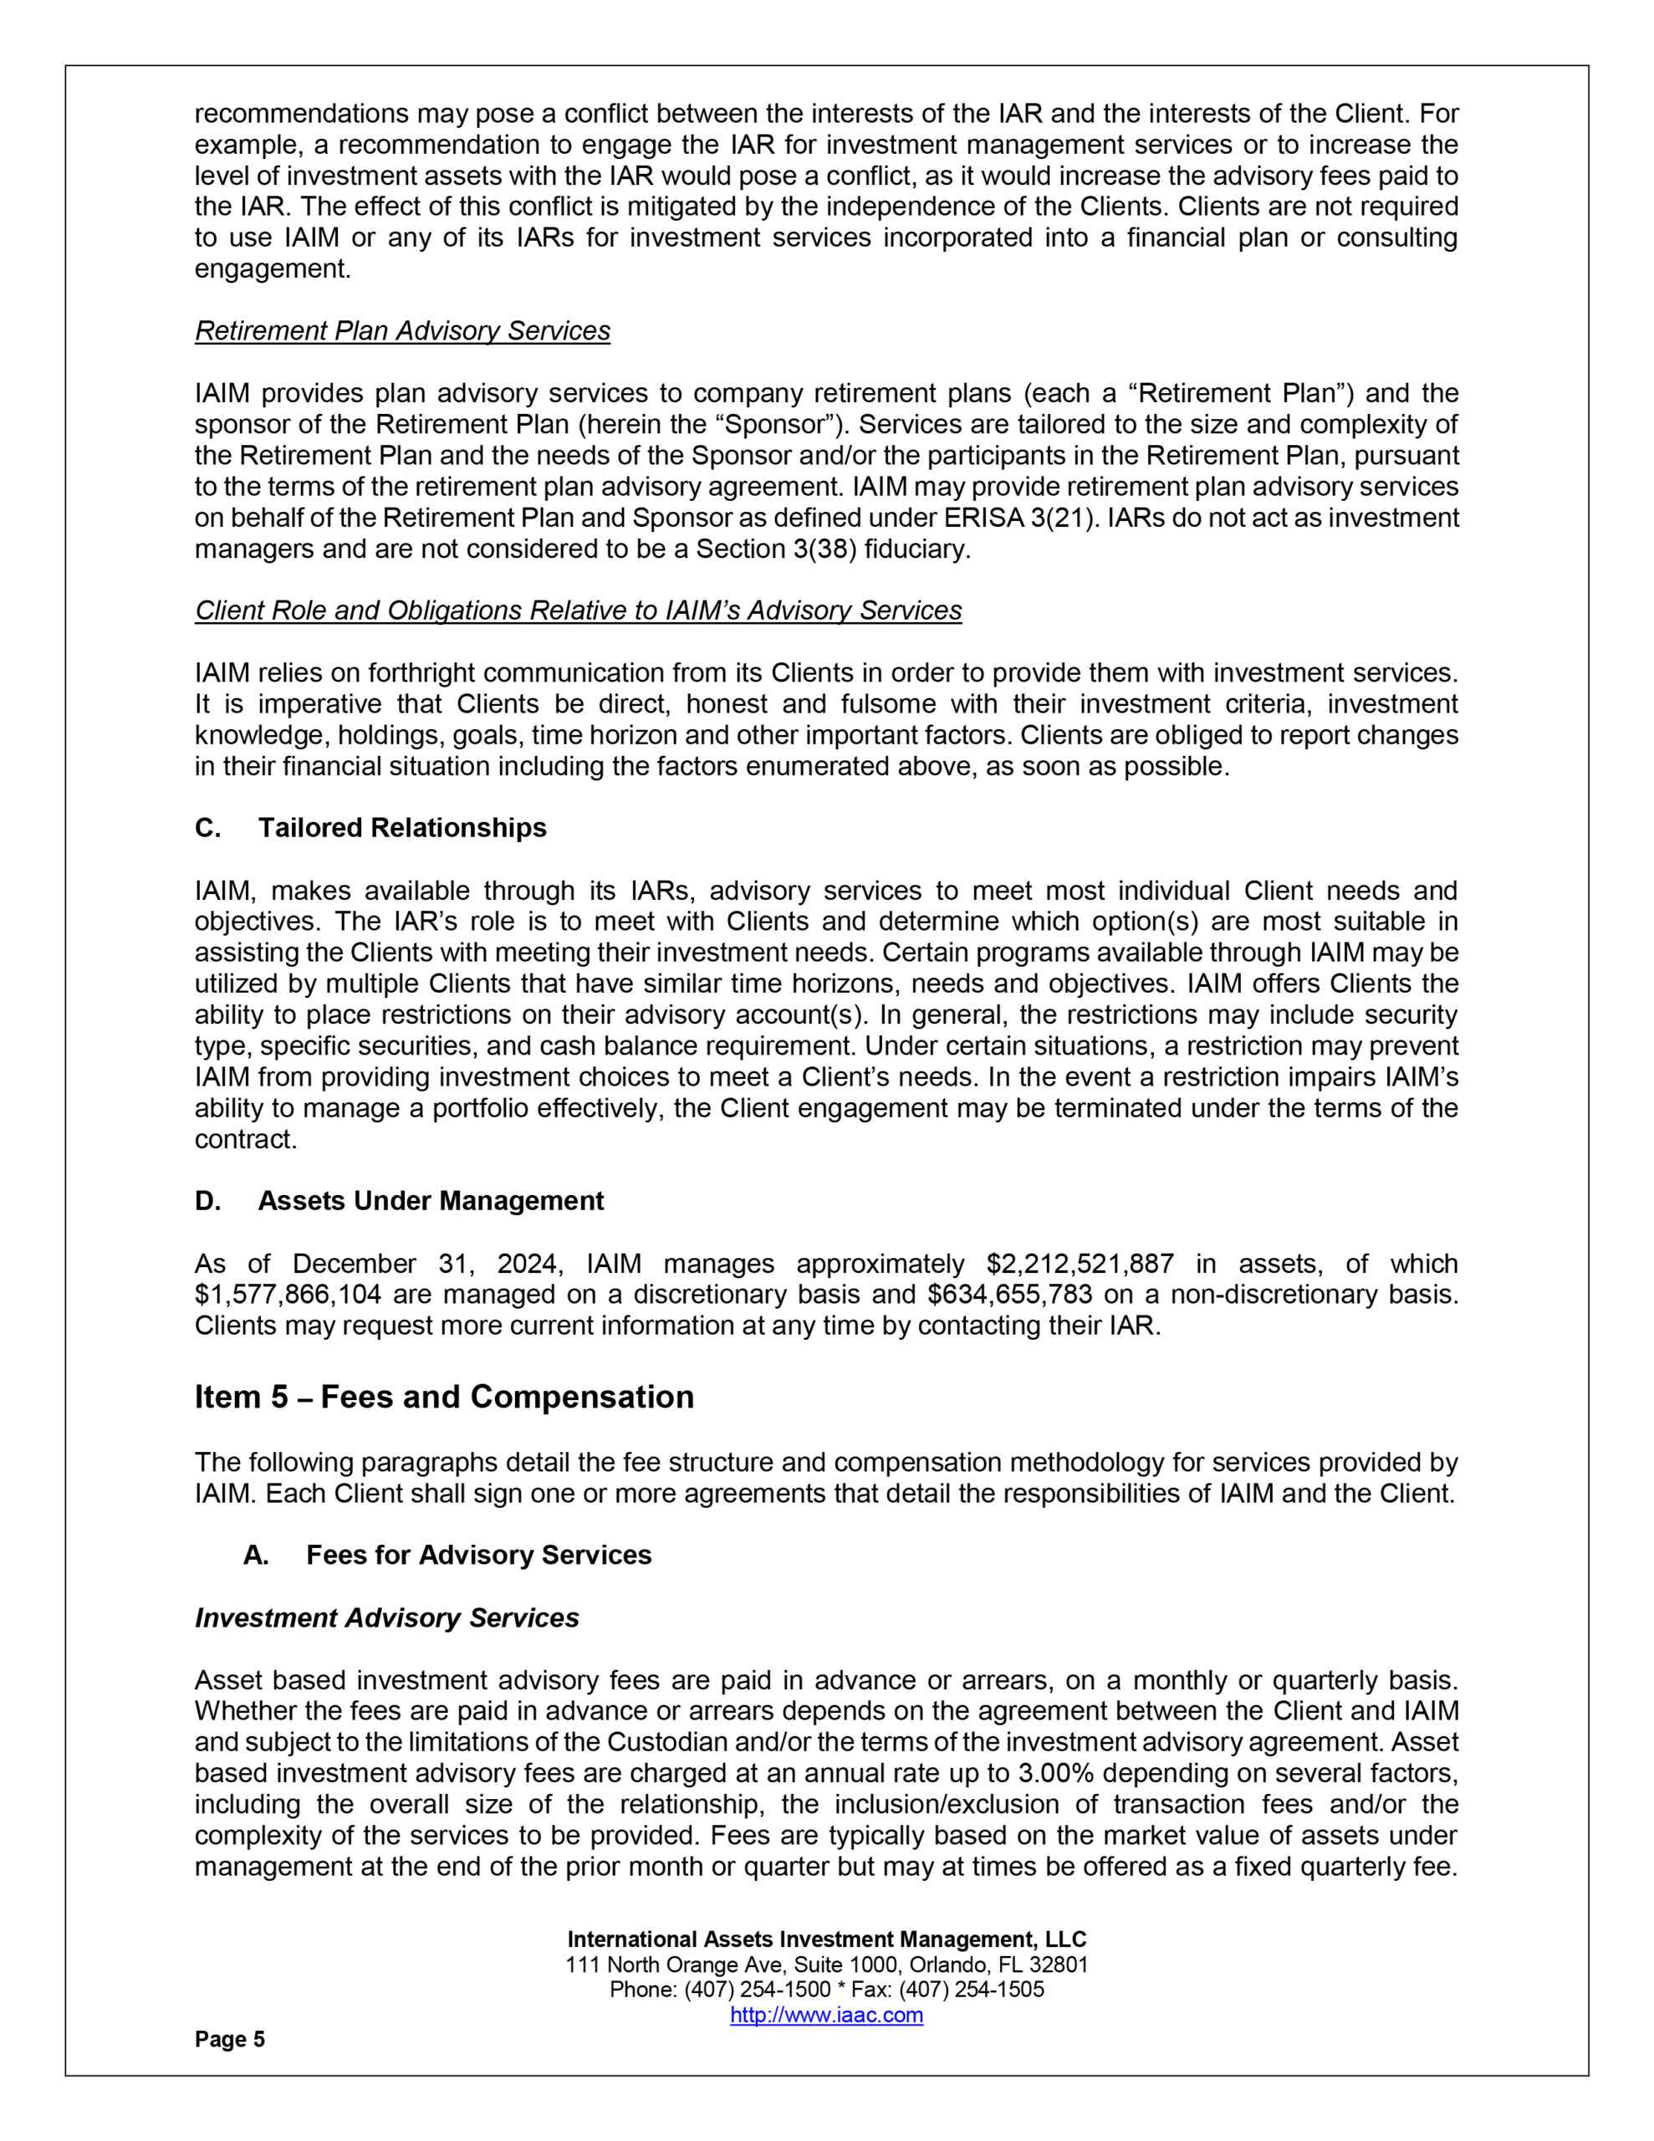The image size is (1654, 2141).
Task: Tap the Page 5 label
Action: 229,2039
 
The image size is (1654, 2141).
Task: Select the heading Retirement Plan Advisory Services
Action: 402,331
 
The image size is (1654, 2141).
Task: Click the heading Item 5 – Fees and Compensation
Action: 444,1397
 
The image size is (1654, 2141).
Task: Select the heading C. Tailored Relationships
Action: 370,828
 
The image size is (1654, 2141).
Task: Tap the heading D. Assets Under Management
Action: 399,1201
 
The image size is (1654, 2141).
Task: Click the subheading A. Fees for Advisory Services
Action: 447,1555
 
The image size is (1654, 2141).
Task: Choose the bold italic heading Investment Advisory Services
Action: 386,1617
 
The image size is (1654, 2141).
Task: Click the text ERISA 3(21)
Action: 1023,518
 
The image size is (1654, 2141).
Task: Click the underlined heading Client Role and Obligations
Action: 579,611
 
